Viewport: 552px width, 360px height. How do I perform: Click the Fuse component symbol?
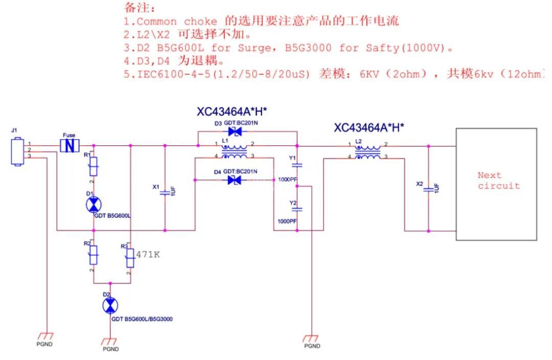click(70, 146)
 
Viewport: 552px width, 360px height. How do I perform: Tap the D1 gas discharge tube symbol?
click(94, 205)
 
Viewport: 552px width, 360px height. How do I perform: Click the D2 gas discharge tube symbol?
click(109, 306)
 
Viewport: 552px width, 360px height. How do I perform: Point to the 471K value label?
click(148, 254)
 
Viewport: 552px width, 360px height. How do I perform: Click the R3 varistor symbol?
click(130, 258)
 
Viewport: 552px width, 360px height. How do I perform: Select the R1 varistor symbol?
click(94, 165)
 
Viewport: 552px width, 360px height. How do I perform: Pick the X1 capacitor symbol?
click(165, 193)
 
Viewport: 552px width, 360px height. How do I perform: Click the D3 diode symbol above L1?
click(235, 131)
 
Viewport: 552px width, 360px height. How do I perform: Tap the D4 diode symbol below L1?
click(235, 179)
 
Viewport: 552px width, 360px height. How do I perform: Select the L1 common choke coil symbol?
click(236, 151)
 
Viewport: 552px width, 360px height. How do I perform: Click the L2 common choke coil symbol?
click(368, 151)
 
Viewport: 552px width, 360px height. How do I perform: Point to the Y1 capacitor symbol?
click(299, 165)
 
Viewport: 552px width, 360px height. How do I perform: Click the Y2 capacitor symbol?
click(299, 209)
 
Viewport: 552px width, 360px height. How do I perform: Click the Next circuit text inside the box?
click(498, 181)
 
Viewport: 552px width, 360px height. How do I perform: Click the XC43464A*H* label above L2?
click(369, 127)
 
